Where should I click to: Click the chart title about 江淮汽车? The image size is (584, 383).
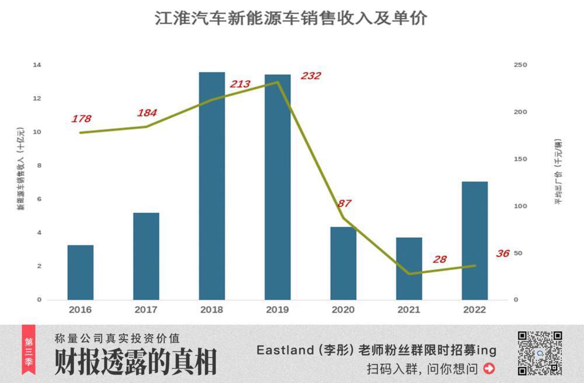(291, 18)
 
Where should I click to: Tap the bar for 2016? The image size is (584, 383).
(80, 272)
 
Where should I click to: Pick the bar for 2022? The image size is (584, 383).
(474, 240)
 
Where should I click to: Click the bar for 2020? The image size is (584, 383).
(343, 263)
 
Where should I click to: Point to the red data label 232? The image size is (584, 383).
(311, 76)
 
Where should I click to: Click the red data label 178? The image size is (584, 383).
(81, 119)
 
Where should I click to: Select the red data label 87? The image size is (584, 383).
(345, 203)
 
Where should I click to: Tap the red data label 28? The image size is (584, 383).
(439, 259)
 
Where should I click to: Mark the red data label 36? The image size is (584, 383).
(502, 254)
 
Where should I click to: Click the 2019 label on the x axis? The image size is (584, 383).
(277, 310)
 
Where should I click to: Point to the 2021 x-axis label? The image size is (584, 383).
(408, 310)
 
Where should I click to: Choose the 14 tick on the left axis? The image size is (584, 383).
(37, 65)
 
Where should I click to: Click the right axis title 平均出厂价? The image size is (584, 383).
(558, 172)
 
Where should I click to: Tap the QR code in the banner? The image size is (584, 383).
(540, 353)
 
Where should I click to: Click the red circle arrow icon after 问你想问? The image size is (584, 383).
(489, 368)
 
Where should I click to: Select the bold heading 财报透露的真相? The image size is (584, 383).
(135, 362)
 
